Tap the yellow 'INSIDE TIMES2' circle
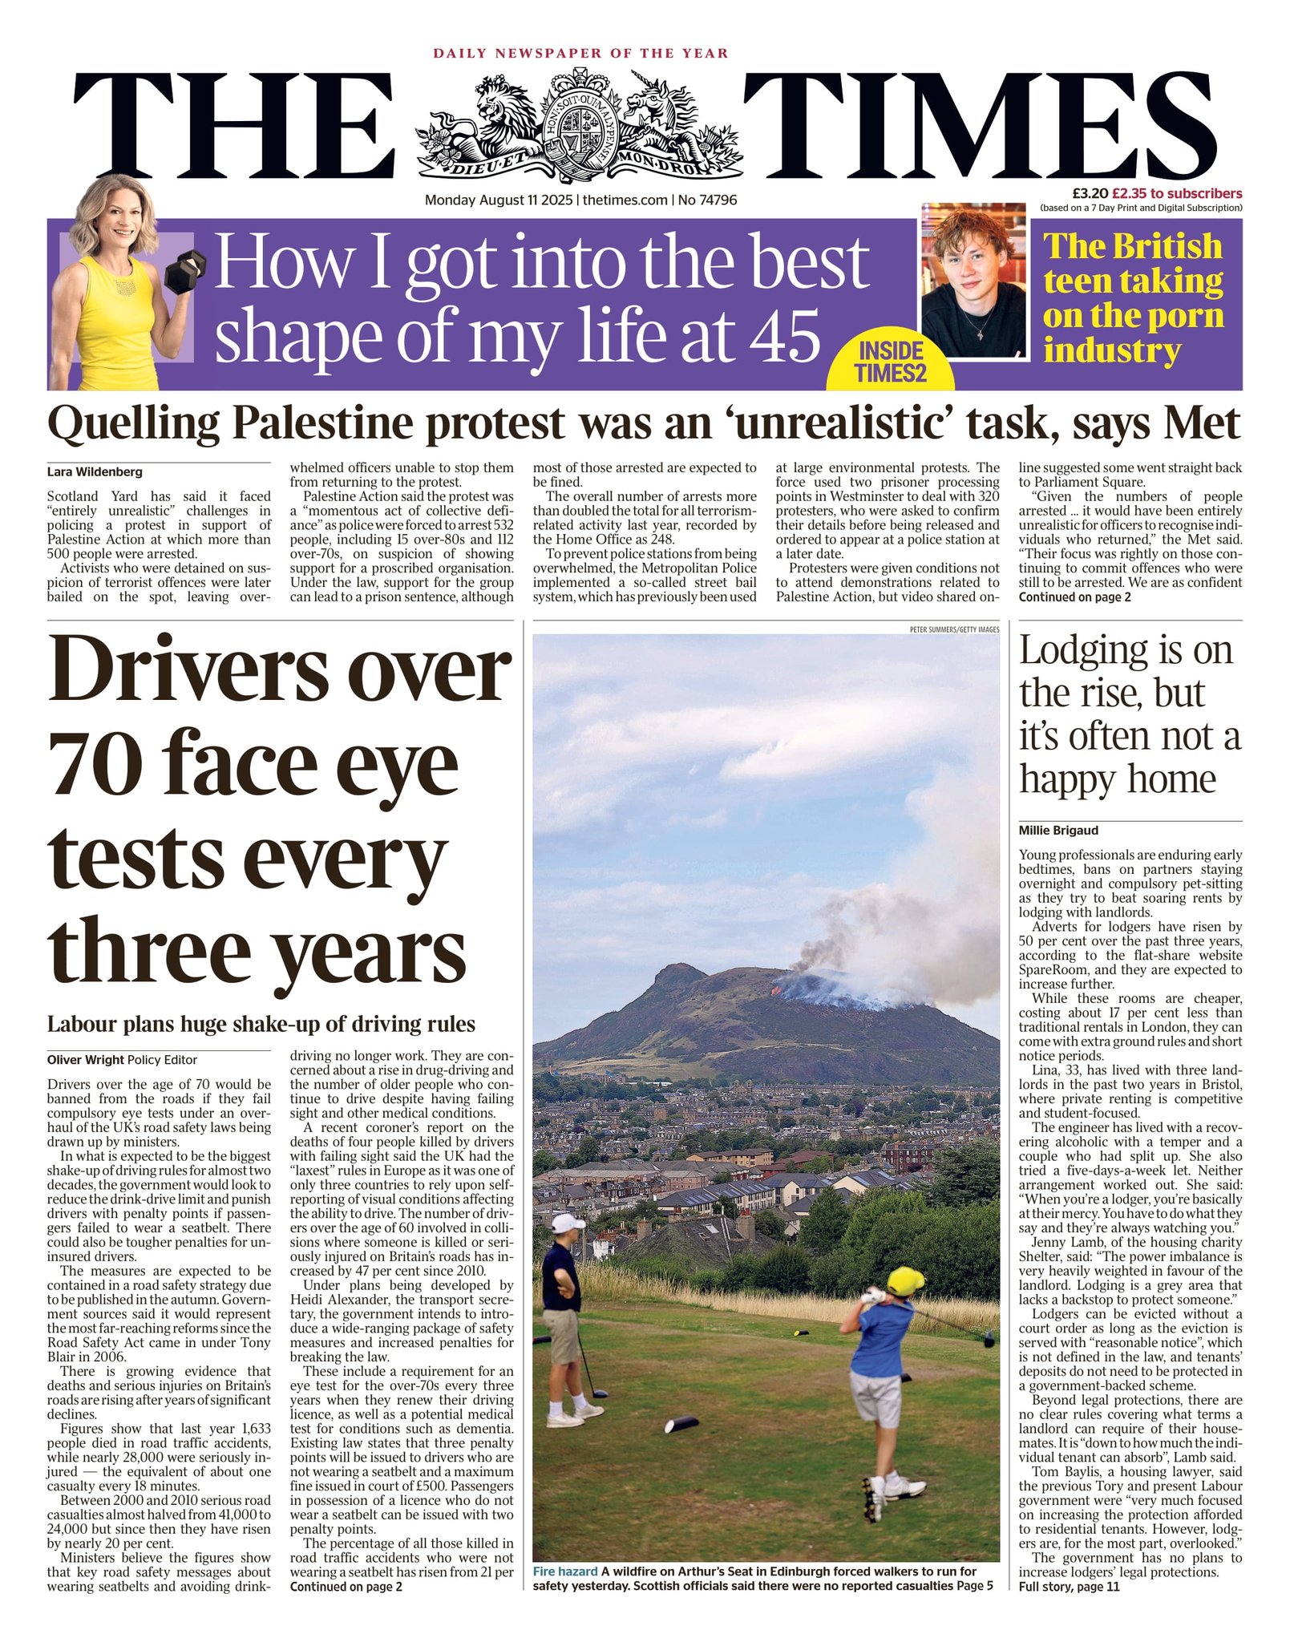(x=890, y=362)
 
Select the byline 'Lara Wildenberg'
(x=95, y=471)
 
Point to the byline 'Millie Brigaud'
(x=1058, y=830)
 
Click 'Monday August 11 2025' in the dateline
(x=499, y=200)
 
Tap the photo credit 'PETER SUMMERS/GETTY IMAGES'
(x=954, y=629)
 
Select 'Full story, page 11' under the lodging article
(x=1069, y=1586)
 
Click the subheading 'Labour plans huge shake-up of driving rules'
(x=261, y=1024)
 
